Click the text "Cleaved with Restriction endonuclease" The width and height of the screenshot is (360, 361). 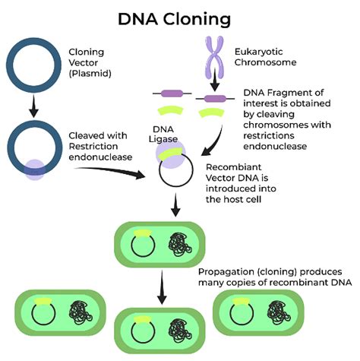click(x=104, y=146)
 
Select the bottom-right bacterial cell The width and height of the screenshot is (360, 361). click(x=260, y=312)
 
